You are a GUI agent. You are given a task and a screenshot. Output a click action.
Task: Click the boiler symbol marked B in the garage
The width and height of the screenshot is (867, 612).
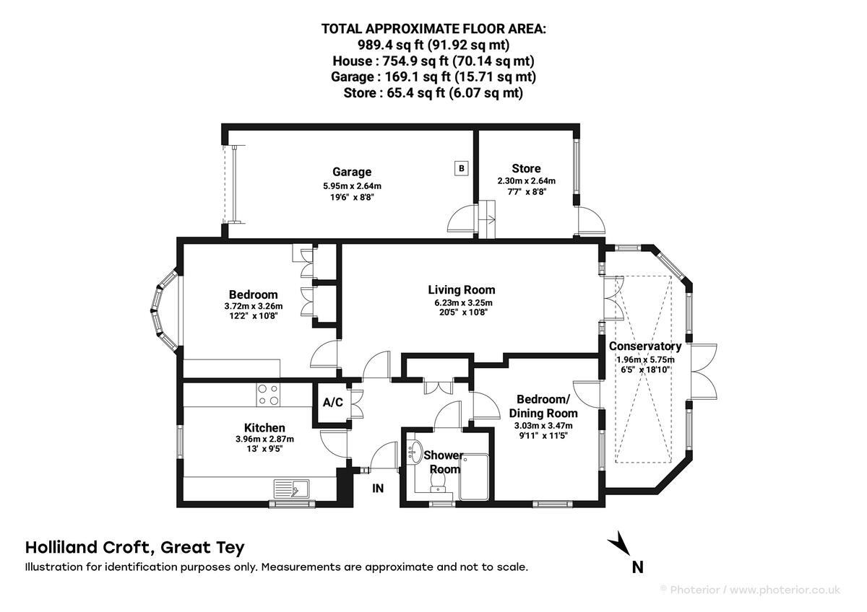coord(462,169)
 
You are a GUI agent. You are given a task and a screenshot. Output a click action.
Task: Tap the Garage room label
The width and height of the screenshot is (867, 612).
coord(352,172)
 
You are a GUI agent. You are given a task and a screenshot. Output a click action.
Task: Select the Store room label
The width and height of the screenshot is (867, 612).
coord(526,169)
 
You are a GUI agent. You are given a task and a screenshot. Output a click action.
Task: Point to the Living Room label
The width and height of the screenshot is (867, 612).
coord(462,289)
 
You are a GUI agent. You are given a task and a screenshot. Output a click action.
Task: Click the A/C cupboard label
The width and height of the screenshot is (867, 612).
coord(333,403)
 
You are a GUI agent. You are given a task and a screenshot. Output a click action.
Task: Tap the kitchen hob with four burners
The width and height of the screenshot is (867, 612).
coord(268,394)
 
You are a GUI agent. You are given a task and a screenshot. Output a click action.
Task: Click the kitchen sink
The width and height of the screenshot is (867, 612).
coord(291,489)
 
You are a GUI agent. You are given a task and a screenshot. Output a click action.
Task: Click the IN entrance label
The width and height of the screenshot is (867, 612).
coord(378,489)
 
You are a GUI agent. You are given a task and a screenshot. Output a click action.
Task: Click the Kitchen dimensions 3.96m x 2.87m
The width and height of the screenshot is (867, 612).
coord(264,439)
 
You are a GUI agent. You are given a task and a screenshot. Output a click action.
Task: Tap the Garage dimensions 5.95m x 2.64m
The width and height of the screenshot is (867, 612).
coord(353,186)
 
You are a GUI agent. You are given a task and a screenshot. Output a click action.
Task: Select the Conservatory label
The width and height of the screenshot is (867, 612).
coord(645,346)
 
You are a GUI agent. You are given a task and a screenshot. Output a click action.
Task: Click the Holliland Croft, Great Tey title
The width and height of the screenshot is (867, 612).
coord(134,548)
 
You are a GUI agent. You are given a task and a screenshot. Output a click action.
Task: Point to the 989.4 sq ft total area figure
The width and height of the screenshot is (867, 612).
coord(391,45)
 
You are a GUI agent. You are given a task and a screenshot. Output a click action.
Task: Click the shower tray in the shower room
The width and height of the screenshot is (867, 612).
coord(474,477)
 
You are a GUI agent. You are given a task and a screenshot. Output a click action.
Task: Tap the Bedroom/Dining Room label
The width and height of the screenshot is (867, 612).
coord(543,406)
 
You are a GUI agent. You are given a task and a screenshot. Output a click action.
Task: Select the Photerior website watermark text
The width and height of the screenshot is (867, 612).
coord(751,590)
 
